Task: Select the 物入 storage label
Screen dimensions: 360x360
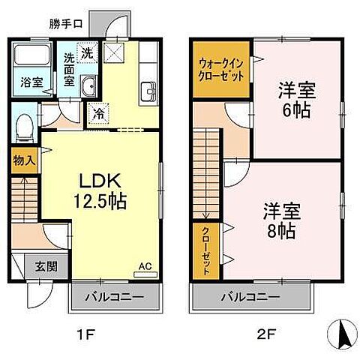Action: pos(24,159)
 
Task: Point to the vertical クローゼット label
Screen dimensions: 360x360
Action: pos(205,250)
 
